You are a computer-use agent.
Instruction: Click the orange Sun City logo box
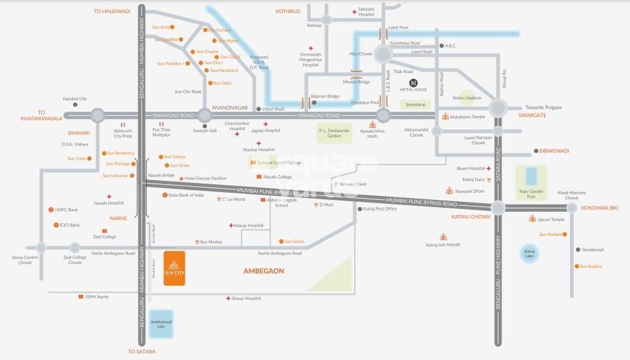(x=174, y=269)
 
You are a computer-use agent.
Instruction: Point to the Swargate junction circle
(x=498, y=108)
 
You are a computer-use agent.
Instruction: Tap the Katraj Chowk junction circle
(x=498, y=208)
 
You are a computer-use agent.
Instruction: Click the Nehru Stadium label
(x=467, y=97)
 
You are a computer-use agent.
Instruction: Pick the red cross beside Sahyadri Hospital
(x=354, y=12)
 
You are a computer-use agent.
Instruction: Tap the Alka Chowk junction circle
(x=383, y=54)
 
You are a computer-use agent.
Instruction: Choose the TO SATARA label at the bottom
(x=141, y=352)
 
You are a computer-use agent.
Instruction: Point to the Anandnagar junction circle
(x=205, y=115)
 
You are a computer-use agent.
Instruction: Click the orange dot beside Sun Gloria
(x=281, y=242)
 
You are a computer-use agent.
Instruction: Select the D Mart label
(x=326, y=205)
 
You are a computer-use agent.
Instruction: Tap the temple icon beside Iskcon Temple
(x=532, y=220)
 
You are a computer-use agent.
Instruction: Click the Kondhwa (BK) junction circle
(x=572, y=208)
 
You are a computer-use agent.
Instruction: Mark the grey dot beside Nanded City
(x=75, y=105)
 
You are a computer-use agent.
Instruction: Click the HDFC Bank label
(x=67, y=210)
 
